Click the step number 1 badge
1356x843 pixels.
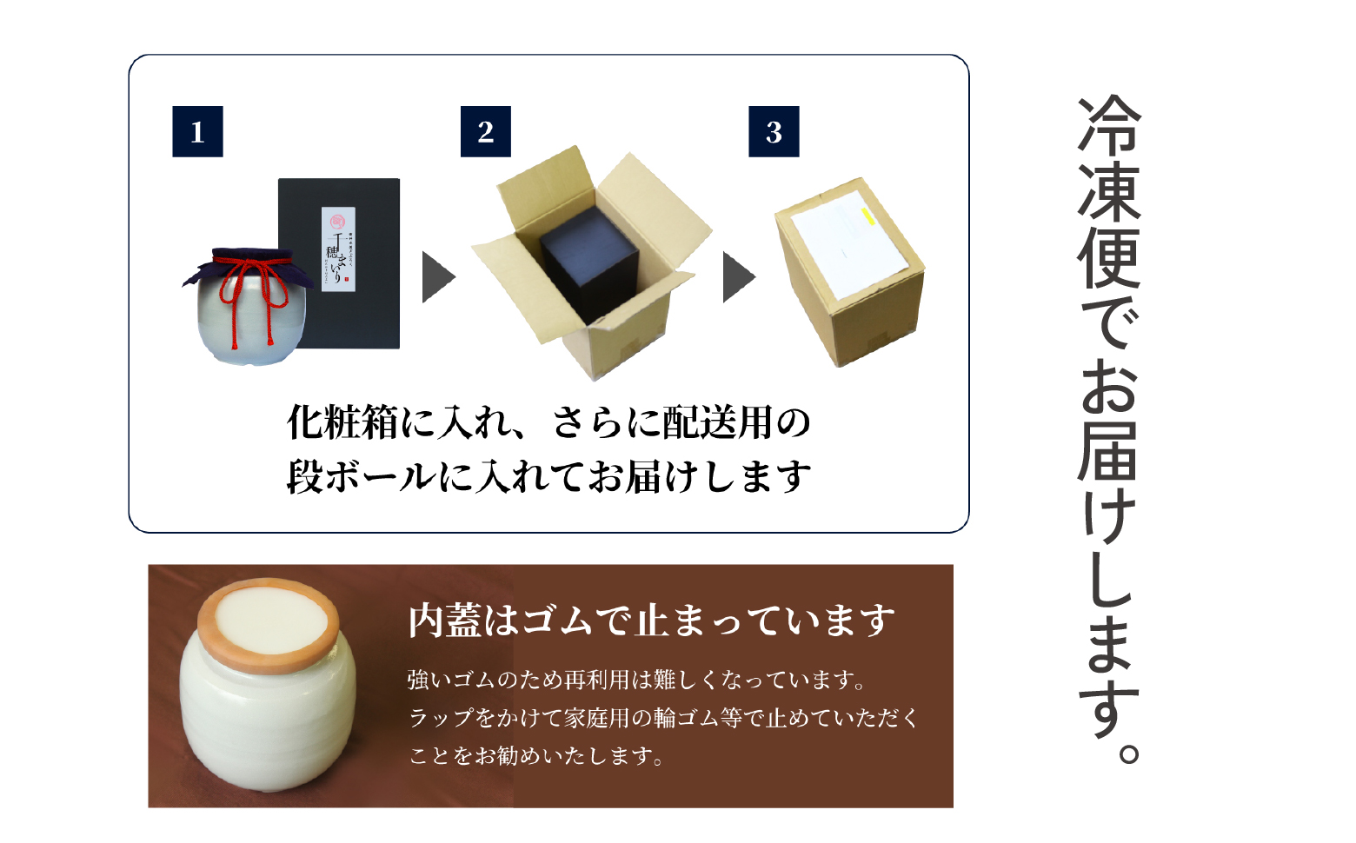point(197,132)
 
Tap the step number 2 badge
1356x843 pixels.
point(485,132)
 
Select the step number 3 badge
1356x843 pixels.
point(774,132)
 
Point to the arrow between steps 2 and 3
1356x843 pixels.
point(738,277)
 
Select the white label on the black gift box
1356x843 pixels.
point(338,249)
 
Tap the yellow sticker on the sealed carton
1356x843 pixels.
point(867,216)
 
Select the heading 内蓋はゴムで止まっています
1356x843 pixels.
point(651,621)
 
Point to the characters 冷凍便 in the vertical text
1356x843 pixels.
point(1108,191)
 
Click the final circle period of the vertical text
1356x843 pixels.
point(1128,752)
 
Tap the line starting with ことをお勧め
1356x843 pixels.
point(536,756)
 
